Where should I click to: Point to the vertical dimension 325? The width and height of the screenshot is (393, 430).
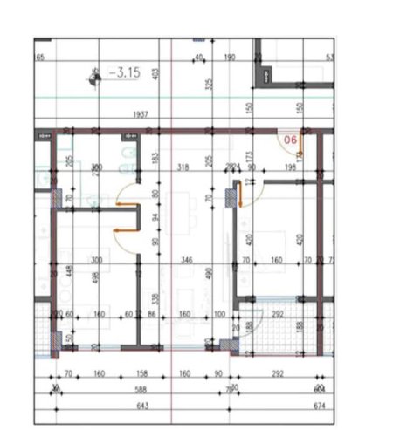click(209, 85)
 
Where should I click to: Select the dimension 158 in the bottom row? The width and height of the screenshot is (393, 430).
click(142, 373)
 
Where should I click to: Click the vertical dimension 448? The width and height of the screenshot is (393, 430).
click(66, 272)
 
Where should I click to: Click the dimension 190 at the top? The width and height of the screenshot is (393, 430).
click(231, 57)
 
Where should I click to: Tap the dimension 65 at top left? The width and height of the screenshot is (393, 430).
click(39, 57)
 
